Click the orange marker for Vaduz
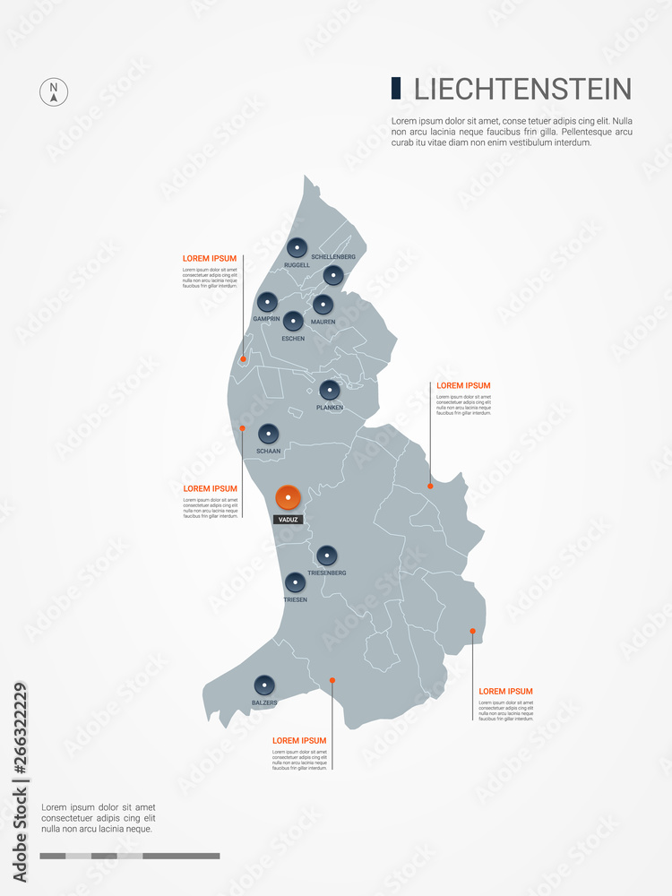tap(288, 496)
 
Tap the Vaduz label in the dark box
tap(288, 520)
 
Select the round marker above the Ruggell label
tap(297, 248)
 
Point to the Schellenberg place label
tap(333, 257)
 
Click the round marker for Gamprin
tap(267, 302)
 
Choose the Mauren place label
tap(323, 322)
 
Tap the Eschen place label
tap(293, 339)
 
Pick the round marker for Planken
tap(330, 390)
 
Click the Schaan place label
tap(269, 452)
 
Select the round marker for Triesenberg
tap(327, 555)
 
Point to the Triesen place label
tap(295, 600)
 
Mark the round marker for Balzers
tap(264, 685)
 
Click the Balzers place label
tap(264, 703)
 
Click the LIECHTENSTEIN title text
tap(522, 90)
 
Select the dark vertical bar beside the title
tap(396, 89)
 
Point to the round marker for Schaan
tap(269, 434)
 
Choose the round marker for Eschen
tap(293, 320)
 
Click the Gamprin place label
tap(266, 319)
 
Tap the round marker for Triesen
tap(295, 582)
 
